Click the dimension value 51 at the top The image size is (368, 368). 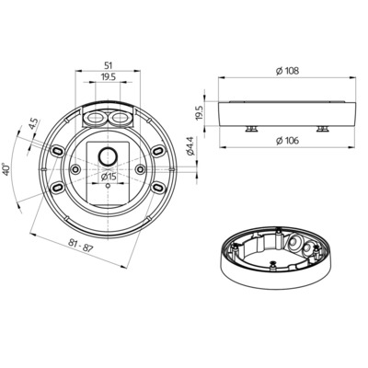coord(109,65)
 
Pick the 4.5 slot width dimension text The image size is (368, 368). coord(33,124)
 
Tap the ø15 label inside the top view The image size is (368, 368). coord(108,177)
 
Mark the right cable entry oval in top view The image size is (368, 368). coord(120,120)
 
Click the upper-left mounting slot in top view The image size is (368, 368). coord(61,148)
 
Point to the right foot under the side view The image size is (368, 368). coord(322,129)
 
